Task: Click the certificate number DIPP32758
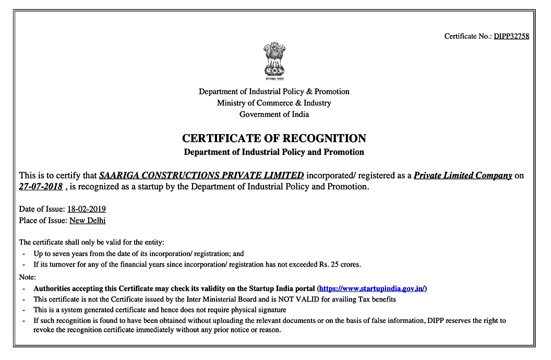tap(511, 36)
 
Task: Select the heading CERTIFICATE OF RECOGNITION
tap(274, 138)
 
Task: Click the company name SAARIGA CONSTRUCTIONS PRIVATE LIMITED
tap(201, 175)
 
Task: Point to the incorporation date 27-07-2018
tap(41, 186)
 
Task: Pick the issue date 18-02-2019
tap(87, 209)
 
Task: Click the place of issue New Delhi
tap(87, 220)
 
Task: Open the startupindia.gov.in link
tap(373, 289)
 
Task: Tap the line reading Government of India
tap(274, 114)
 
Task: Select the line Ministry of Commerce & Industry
tap(274, 103)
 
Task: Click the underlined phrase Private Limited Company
tap(463, 175)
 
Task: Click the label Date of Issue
tap(41, 209)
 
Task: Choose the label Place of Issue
tap(42, 220)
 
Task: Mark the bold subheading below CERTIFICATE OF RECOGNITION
tap(274, 152)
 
